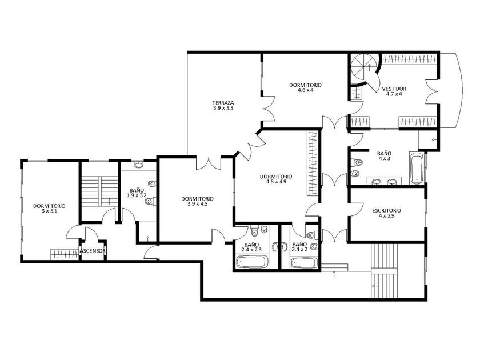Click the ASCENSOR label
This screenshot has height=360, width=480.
tap(93, 251)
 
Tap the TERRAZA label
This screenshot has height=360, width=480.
tap(223, 103)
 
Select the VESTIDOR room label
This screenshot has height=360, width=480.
tap(394, 89)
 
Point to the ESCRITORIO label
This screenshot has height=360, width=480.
tap(387, 211)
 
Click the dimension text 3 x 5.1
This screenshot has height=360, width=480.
tap(49, 211)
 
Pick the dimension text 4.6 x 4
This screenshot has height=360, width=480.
tap(306, 90)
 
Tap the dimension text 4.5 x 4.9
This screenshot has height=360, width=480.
tap(276, 182)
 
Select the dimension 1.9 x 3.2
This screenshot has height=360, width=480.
tap(137, 195)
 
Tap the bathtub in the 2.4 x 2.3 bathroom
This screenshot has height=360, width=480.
tap(252, 262)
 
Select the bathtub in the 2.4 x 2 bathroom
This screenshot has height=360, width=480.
tap(304, 263)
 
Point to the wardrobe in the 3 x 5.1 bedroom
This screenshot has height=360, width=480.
tap(64, 254)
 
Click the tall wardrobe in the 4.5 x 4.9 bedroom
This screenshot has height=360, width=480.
tap(312, 163)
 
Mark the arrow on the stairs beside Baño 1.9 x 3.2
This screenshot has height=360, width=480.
tap(110, 201)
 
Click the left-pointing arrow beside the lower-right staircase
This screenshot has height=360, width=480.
tap(375, 286)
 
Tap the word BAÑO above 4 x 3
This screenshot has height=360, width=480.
tap(384, 153)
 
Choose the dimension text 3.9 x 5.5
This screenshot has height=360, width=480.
tap(223, 108)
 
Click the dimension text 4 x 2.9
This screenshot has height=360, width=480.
tap(386, 216)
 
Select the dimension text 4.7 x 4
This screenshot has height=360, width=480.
tap(394, 94)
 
